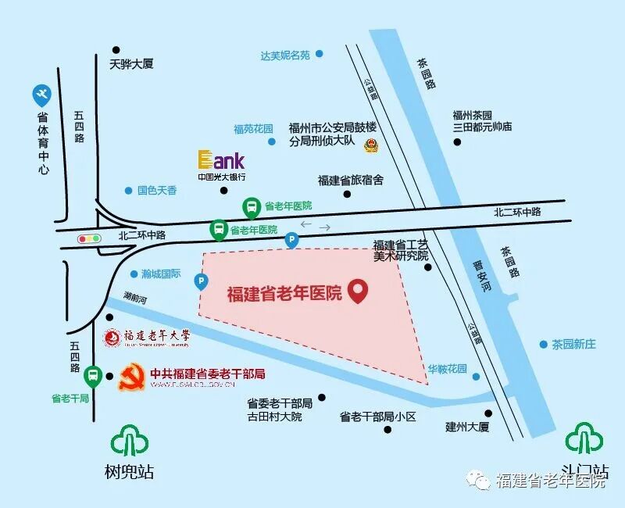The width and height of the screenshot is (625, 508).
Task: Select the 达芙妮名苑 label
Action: coord(285,55)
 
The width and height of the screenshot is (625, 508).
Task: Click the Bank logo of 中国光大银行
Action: coord(221,160)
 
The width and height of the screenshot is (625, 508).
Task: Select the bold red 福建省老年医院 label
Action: coord(284,294)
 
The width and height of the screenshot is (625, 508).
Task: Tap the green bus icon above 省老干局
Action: coord(93,377)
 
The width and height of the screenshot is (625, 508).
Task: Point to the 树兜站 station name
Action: coord(129,472)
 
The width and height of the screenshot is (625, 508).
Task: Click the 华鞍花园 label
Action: coord(447,369)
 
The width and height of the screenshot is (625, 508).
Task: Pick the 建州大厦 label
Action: coord(466,427)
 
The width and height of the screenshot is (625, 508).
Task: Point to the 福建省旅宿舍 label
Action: coord(351,180)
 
